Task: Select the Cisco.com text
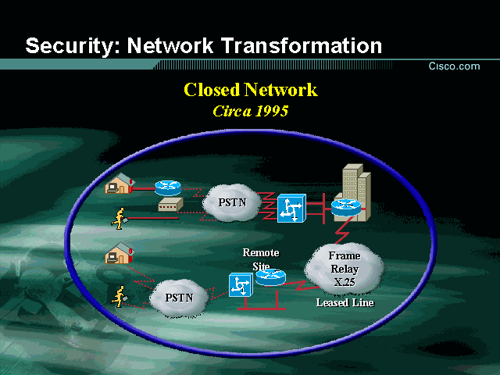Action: [454, 66]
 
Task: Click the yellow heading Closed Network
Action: [250, 89]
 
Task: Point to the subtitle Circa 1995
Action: [250, 111]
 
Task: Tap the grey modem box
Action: [170, 205]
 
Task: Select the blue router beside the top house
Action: [167, 187]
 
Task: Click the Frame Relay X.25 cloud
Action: [344, 267]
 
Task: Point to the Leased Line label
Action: [345, 302]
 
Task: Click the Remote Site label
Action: [260, 259]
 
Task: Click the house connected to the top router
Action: [119, 185]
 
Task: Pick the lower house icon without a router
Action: [119, 254]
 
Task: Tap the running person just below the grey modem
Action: [120, 216]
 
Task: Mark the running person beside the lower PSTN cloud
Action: [120, 295]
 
